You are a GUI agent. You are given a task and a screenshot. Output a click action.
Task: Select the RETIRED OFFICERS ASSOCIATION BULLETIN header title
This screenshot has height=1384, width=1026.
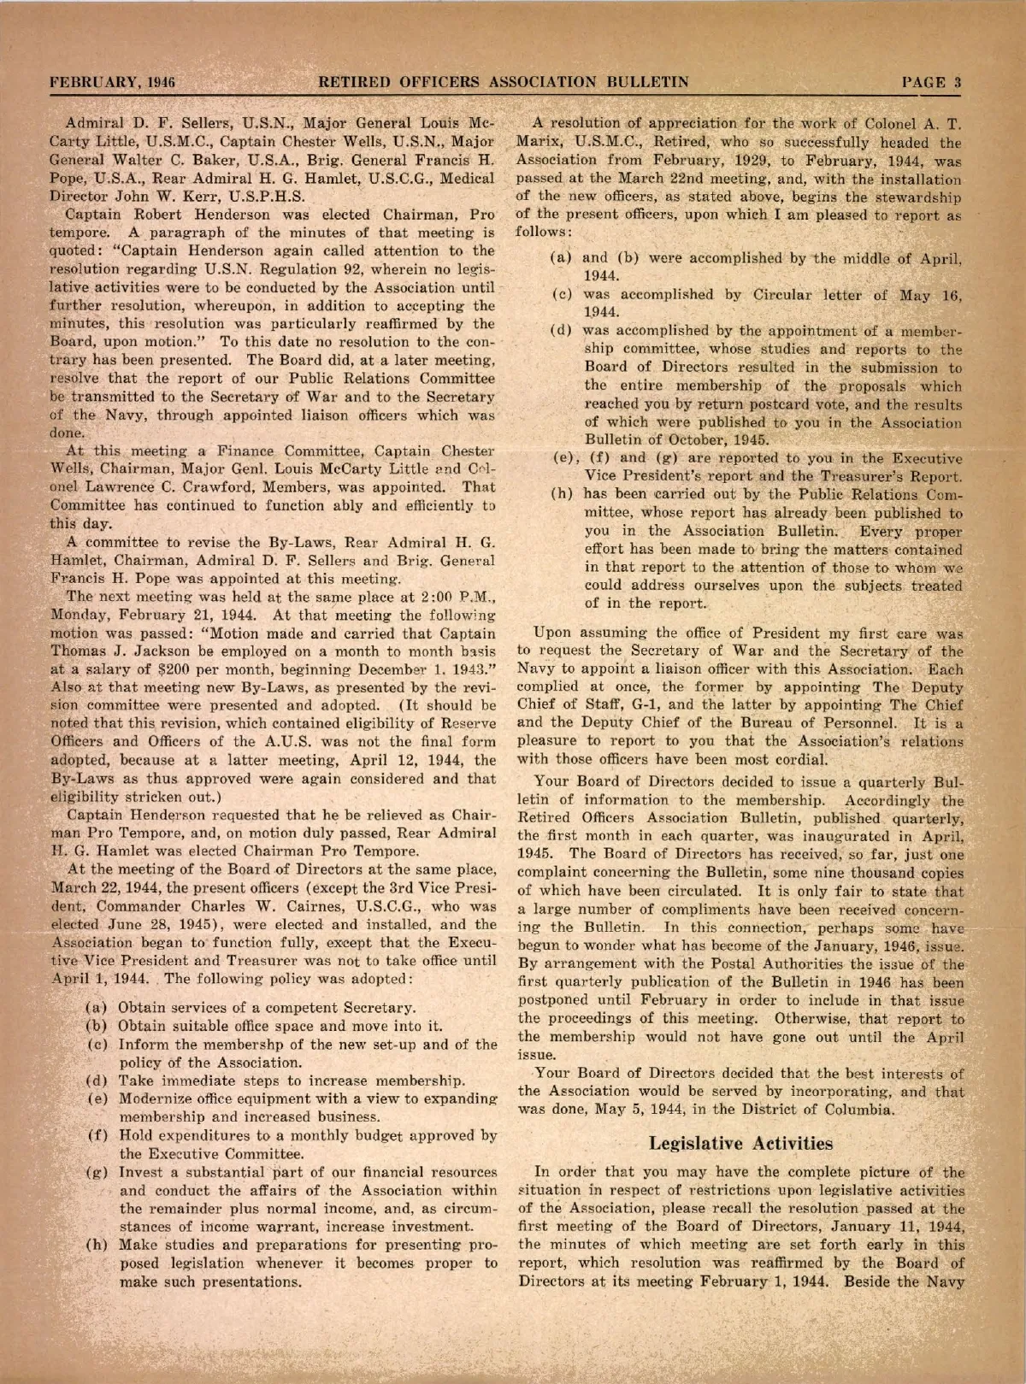coord(504,83)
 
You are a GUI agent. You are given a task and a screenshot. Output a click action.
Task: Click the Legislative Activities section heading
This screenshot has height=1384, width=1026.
coord(740,1143)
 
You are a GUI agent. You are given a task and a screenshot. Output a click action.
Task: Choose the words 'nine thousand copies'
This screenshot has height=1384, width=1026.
coord(895,874)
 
